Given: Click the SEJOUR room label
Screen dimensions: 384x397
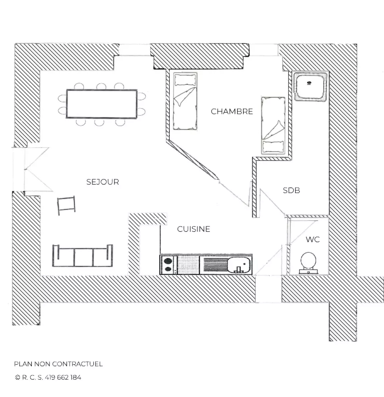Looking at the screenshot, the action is click(x=103, y=182).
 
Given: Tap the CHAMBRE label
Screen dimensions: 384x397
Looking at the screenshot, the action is click(x=232, y=111).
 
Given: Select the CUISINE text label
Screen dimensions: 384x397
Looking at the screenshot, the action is click(x=194, y=229).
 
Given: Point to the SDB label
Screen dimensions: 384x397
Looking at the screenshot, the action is click(x=291, y=190).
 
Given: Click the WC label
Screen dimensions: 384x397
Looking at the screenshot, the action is click(x=313, y=240).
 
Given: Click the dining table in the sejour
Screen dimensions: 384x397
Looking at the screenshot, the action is click(x=102, y=104).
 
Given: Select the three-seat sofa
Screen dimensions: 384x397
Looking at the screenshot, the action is click(x=83, y=255).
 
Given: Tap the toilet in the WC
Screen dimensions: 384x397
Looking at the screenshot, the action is click(x=308, y=263).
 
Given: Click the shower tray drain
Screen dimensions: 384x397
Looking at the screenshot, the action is click(x=309, y=83).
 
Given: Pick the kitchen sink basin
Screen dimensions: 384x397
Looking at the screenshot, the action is click(x=239, y=265).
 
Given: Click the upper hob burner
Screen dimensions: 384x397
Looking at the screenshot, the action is click(x=168, y=261).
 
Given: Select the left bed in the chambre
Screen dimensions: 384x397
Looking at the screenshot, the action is click(x=185, y=101).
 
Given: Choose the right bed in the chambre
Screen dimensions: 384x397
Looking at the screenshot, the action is click(x=273, y=125).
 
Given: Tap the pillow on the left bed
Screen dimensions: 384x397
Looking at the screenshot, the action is click(x=185, y=80).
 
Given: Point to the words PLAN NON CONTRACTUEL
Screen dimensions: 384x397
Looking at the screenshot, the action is click(x=58, y=364).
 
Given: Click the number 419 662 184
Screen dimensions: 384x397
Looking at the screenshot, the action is click(x=63, y=377).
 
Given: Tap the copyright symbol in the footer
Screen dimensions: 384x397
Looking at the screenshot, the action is click(x=18, y=377).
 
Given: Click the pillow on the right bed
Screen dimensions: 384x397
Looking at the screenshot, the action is click(x=273, y=147).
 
